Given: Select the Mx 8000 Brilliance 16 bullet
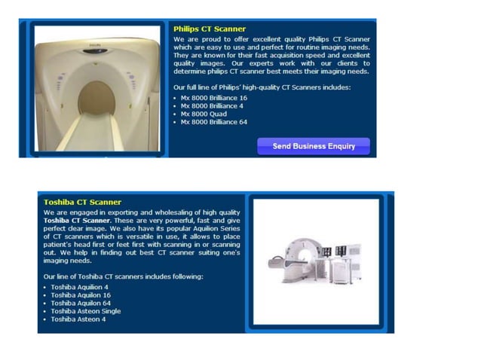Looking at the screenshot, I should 213,98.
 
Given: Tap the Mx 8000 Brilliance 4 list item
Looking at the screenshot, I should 212,106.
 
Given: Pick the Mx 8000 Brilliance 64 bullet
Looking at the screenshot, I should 213,122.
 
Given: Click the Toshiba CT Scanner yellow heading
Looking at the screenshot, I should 82,202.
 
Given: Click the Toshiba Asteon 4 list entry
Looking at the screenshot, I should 78,319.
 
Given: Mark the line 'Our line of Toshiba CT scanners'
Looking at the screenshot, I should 123,276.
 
